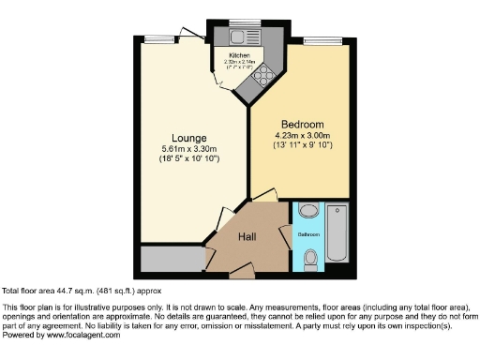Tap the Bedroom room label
(x=302, y=125)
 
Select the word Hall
(x=247, y=236)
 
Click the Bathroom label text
(x=310, y=233)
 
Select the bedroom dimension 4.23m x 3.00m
(x=302, y=135)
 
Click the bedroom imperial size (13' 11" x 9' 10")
(x=302, y=145)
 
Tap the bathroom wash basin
(x=310, y=210)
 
